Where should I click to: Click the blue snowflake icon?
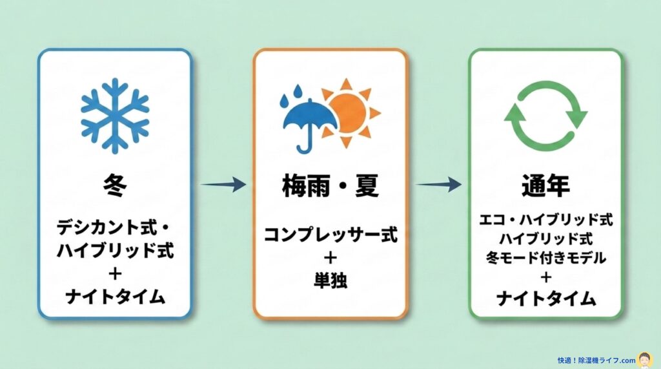114,116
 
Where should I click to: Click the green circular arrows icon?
545,116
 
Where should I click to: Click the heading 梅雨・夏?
330,187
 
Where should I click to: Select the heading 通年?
545,187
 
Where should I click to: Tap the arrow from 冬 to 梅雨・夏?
223,185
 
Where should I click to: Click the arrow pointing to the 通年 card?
438,185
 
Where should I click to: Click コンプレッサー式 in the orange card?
330,235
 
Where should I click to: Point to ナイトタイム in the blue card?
115,297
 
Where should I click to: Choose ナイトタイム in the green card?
545,299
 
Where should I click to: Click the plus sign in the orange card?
330,257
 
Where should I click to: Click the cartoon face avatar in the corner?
644,359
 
